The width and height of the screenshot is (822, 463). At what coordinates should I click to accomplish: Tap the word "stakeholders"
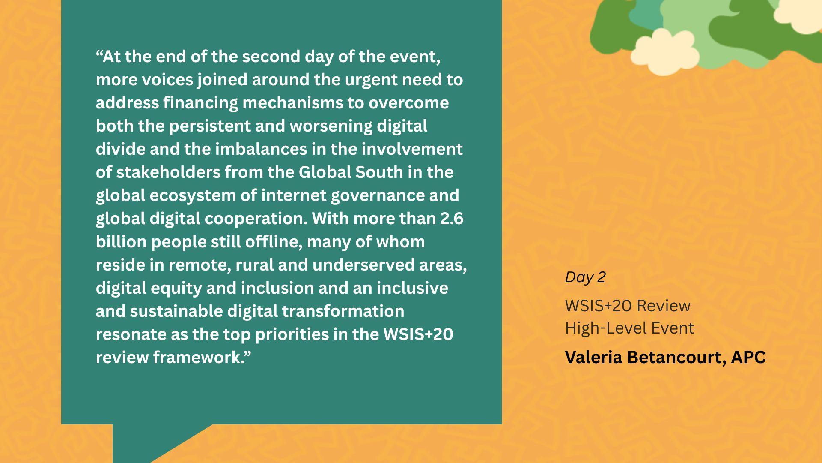tap(168, 172)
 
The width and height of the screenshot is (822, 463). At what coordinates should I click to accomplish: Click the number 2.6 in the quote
tap(452, 219)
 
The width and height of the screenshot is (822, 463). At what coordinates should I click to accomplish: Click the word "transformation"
tap(343, 311)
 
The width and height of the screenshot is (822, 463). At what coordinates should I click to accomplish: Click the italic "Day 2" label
tap(585, 277)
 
